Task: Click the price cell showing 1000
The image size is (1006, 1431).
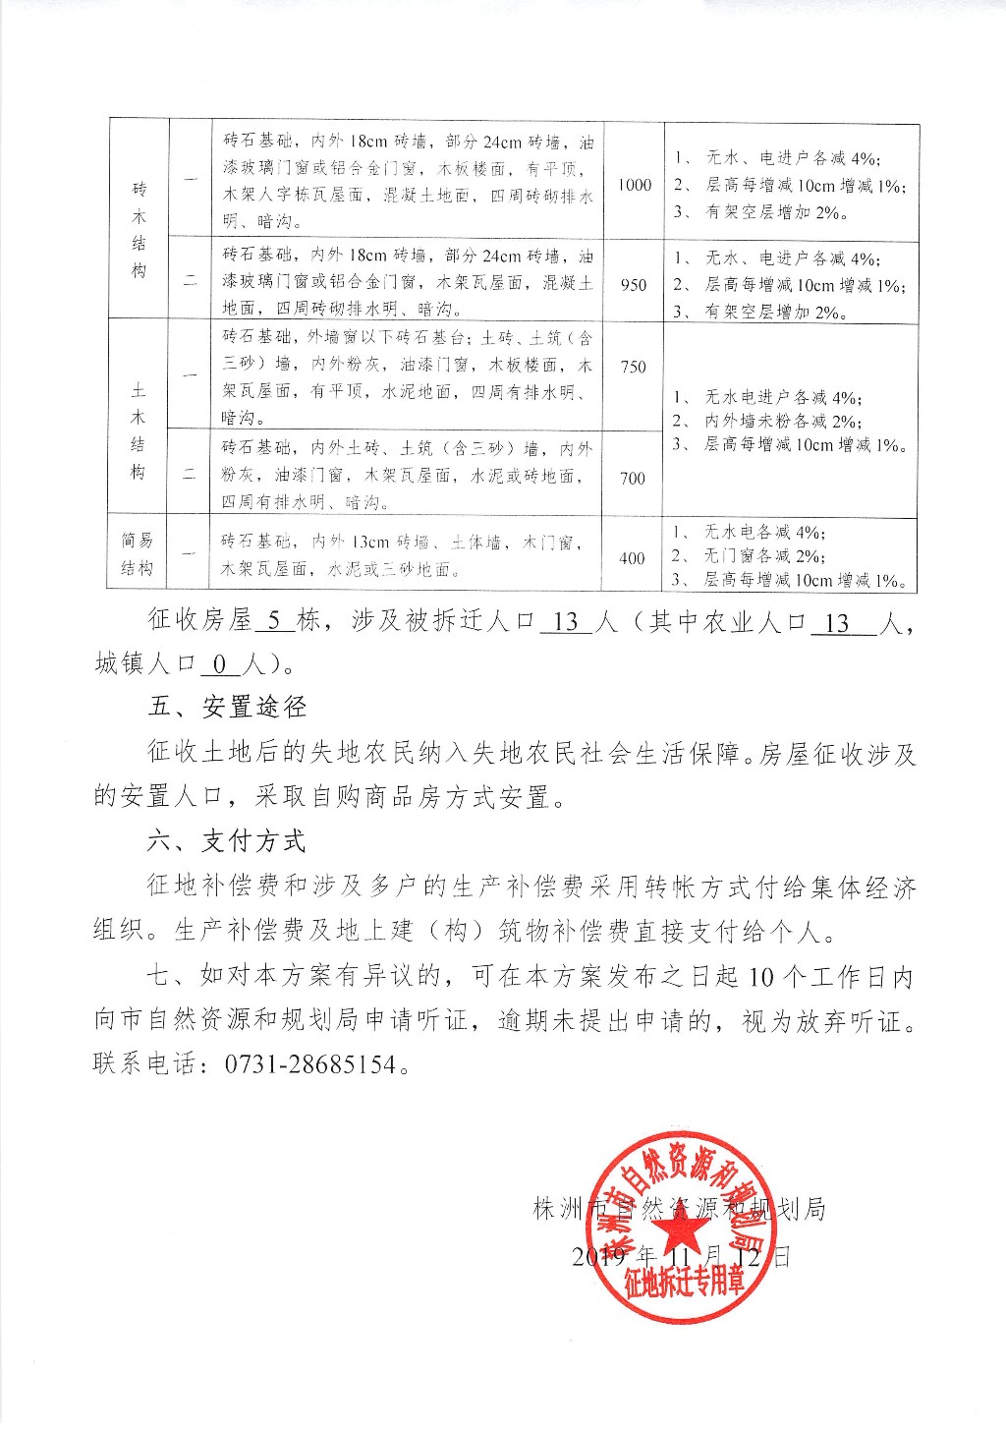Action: click(x=635, y=185)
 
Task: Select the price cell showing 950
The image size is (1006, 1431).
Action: click(x=635, y=284)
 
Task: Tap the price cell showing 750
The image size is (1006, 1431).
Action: click(x=635, y=367)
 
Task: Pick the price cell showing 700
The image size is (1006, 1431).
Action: click(x=635, y=478)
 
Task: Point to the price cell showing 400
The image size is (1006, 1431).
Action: click(x=633, y=558)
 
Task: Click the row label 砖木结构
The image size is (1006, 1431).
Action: click(x=139, y=228)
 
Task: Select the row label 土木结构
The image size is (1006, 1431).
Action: click(x=139, y=431)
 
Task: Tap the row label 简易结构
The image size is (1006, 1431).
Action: click(x=139, y=553)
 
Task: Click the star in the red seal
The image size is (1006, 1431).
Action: click(x=682, y=1231)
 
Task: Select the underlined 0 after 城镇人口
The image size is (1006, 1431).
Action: click(x=219, y=665)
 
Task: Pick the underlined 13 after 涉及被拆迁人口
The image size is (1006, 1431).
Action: click(x=566, y=623)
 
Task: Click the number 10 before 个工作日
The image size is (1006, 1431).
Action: click(x=761, y=979)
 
